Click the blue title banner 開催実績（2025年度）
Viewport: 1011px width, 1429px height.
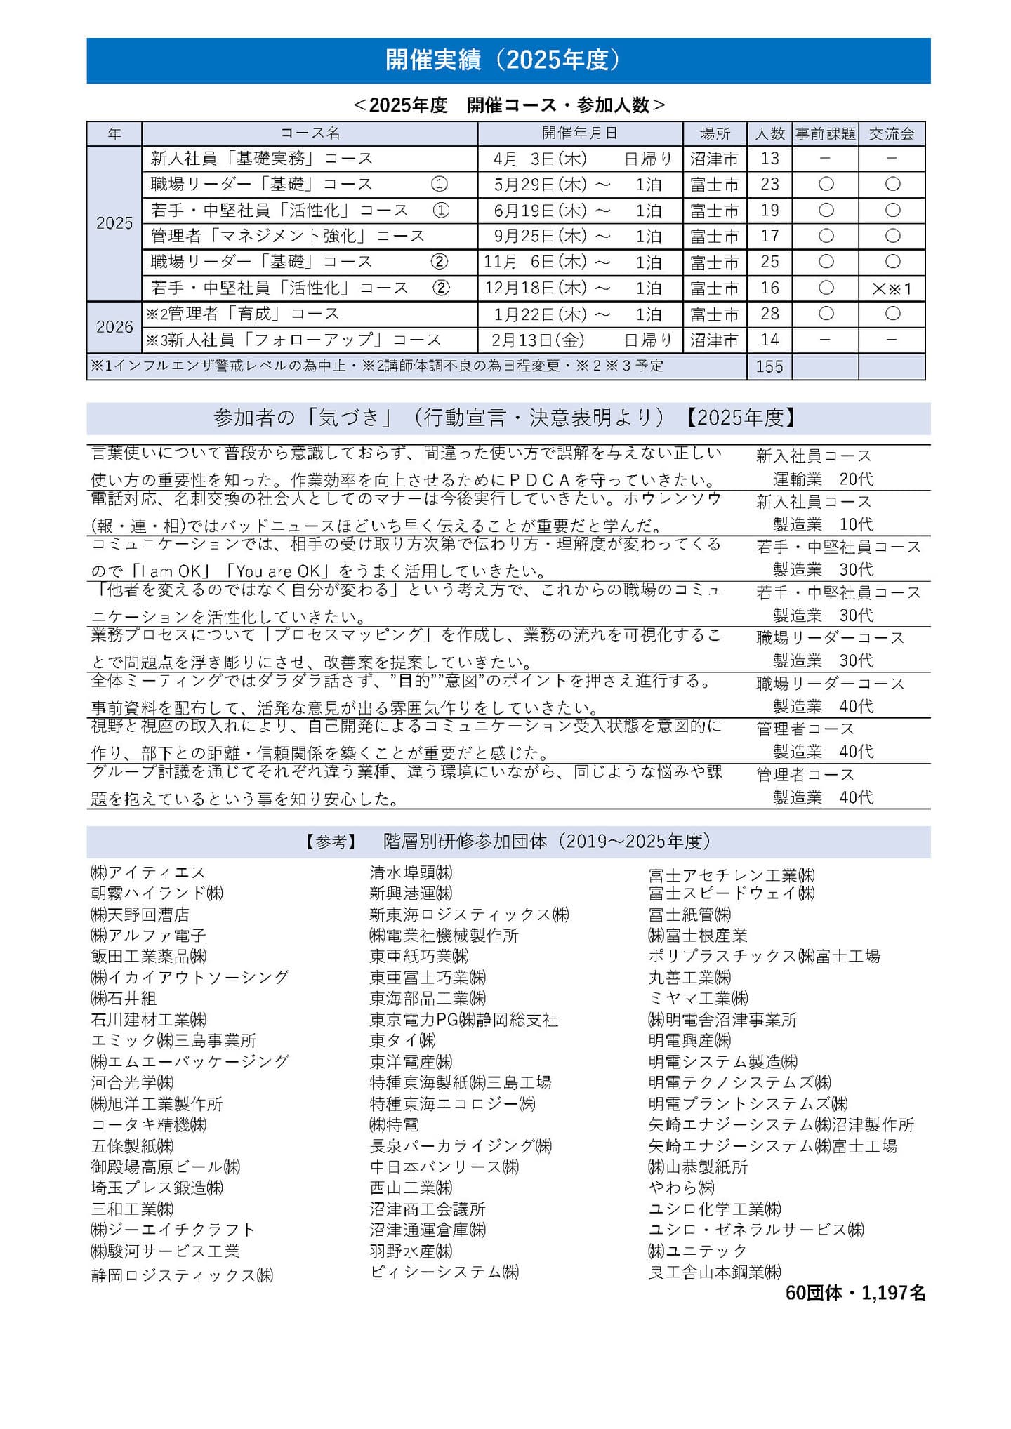click(508, 60)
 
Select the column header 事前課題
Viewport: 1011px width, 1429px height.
click(825, 134)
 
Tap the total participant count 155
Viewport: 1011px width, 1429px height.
click(769, 366)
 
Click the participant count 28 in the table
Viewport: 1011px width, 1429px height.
click(769, 314)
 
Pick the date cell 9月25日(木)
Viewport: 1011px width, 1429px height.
click(541, 236)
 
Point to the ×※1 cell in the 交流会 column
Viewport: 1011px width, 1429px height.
click(892, 288)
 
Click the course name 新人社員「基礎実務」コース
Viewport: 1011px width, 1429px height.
click(262, 159)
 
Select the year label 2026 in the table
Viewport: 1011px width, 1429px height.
click(114, 327)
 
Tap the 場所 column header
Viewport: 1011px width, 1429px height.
click(715, 134)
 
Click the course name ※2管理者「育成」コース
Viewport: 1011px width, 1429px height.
click(242, 314)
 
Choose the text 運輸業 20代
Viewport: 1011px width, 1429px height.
click(823, 479)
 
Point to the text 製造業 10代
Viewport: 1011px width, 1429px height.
click(823, 524)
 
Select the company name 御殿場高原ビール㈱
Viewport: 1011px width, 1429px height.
click(166, 1167)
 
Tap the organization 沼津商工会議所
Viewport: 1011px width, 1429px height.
click(428, 1209)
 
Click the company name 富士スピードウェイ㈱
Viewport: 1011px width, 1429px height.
click(732, 893)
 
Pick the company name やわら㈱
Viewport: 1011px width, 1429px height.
click(681, 1188)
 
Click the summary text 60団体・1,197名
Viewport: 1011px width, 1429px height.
click(855, 1293)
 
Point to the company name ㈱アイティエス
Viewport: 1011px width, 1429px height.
click(148, 872)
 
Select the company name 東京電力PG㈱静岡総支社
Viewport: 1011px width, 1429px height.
click(464, 1019)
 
